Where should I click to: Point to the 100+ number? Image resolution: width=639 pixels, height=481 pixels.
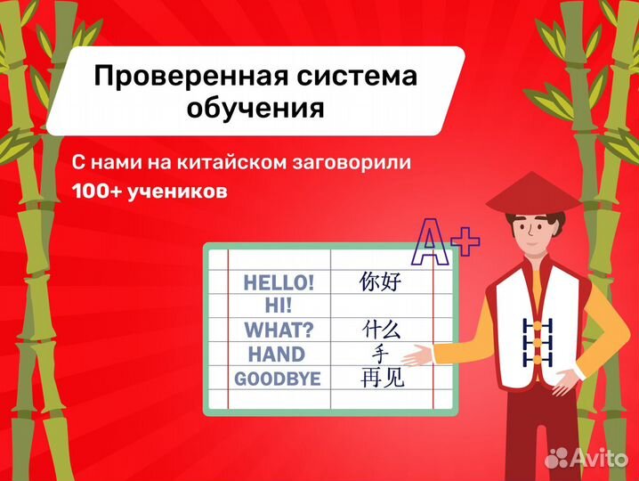tap(99, 192)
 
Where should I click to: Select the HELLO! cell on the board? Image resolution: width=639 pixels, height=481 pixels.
tap(279, 283)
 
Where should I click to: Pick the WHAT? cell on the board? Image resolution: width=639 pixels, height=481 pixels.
tap(279, 330)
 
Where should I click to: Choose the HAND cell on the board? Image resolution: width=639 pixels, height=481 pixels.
tap(277, 355)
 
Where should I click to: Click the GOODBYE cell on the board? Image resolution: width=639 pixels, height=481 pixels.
tap(277, 379)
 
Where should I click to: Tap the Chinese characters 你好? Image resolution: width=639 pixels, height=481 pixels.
tap(381, 283)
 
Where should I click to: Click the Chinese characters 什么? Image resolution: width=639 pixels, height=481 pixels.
tap(383, 330)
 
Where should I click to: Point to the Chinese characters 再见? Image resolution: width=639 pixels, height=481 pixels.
tap(383, 379)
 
